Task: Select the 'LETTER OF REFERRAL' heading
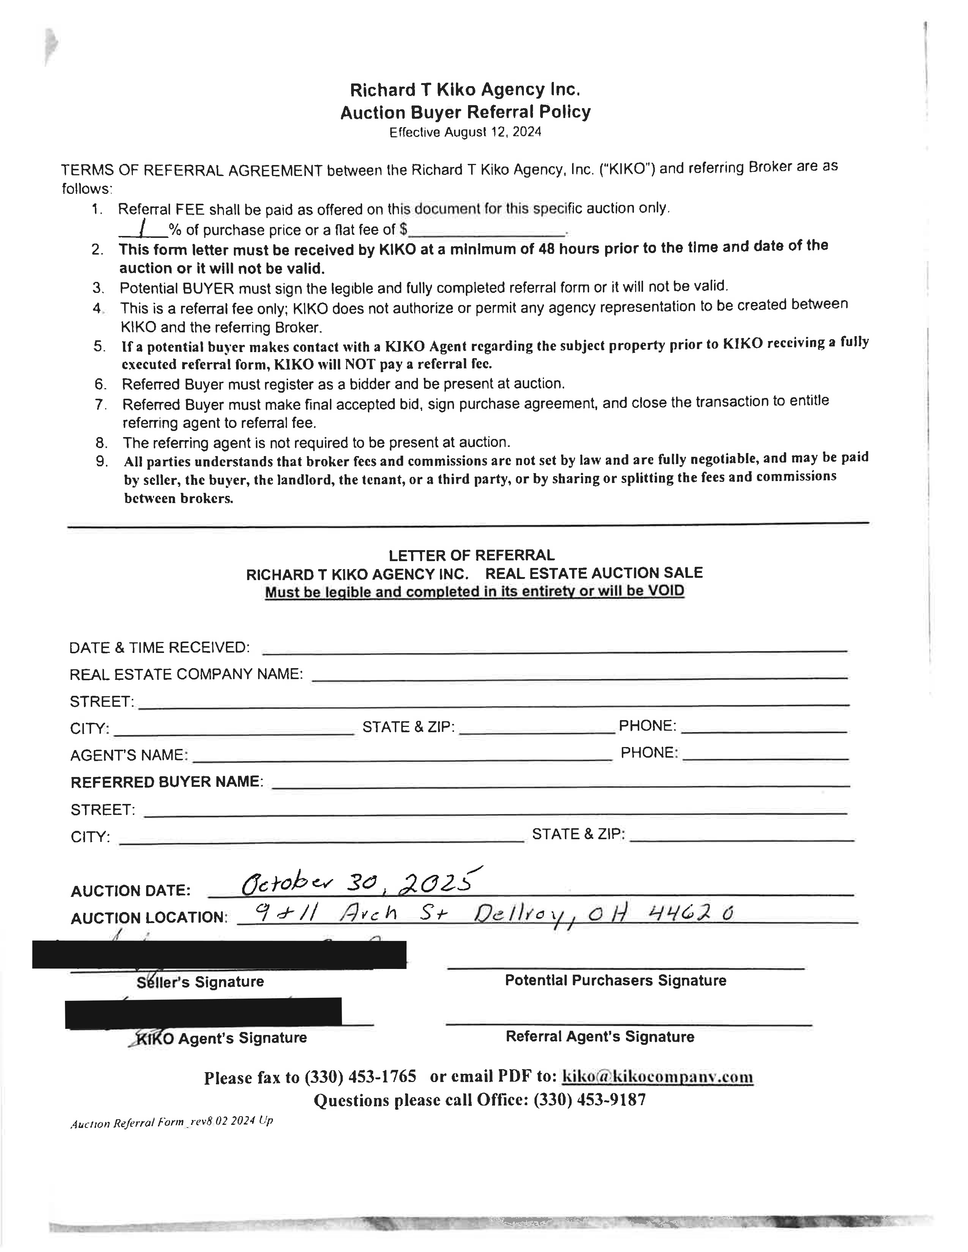click(x=471, y=555)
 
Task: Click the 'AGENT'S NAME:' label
click(x=129, y=755)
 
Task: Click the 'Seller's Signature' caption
click(x=200, y=981)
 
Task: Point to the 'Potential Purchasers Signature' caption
click(x=615, y=980)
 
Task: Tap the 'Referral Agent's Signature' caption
click(x=600, y=1037)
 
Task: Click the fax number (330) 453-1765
click(x=360, y=1077)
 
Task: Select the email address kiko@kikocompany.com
click(x=657, y=1077)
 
